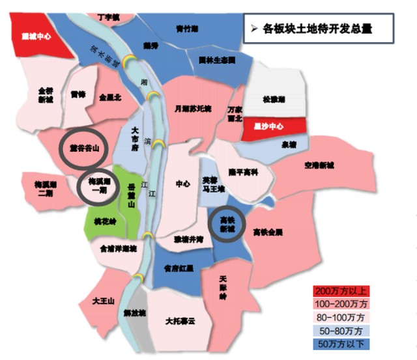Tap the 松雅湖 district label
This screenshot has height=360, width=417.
coord(274,100)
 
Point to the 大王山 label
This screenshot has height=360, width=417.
coord(104,301)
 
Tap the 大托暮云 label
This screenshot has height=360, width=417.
coord(180,320)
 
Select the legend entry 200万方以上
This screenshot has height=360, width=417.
coord(342,290)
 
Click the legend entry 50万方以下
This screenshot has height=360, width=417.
coord(342,343)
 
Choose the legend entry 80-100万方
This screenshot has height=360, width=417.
coord(342,316)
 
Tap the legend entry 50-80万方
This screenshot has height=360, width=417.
coord(342,330)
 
